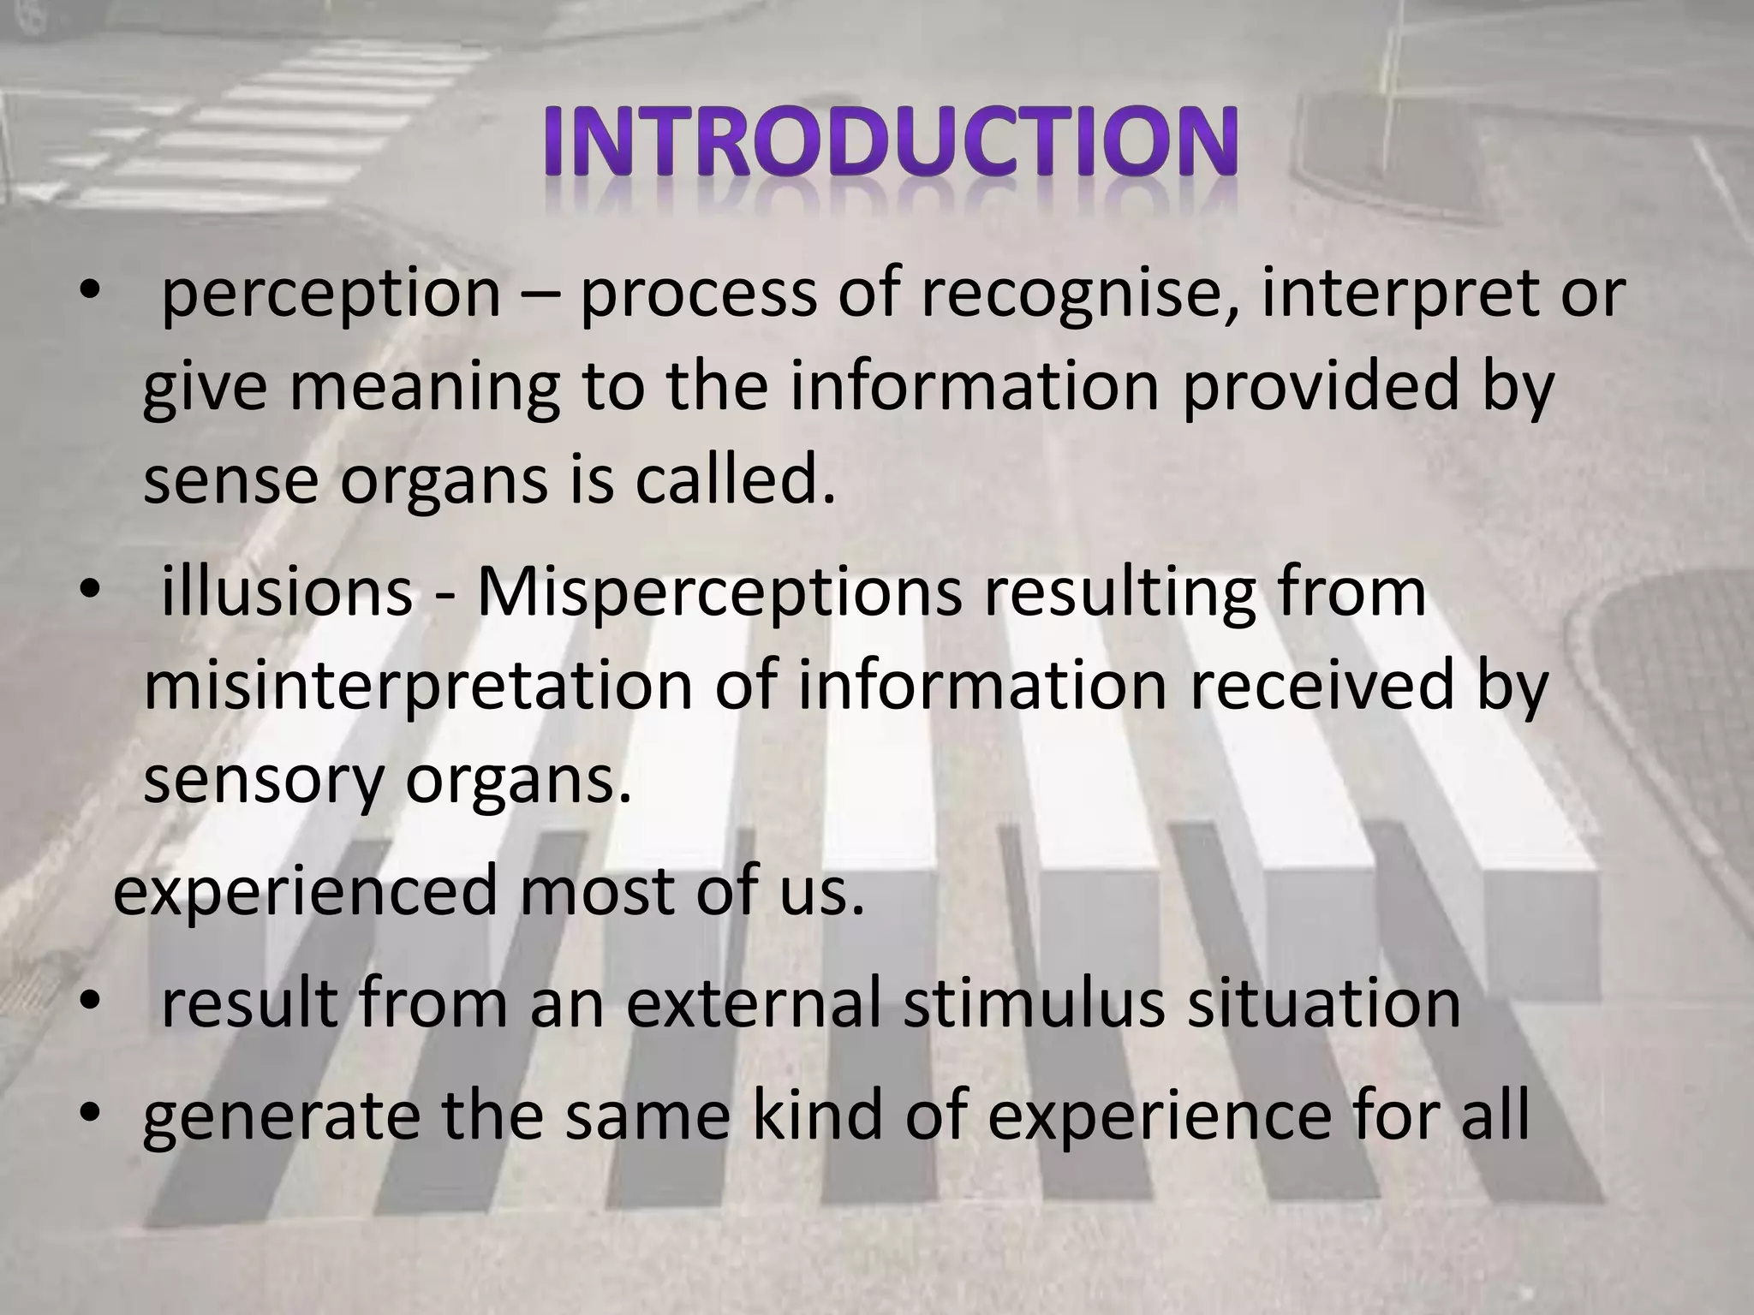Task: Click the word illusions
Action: [286, 593]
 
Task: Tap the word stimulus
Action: [1033, 1003]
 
